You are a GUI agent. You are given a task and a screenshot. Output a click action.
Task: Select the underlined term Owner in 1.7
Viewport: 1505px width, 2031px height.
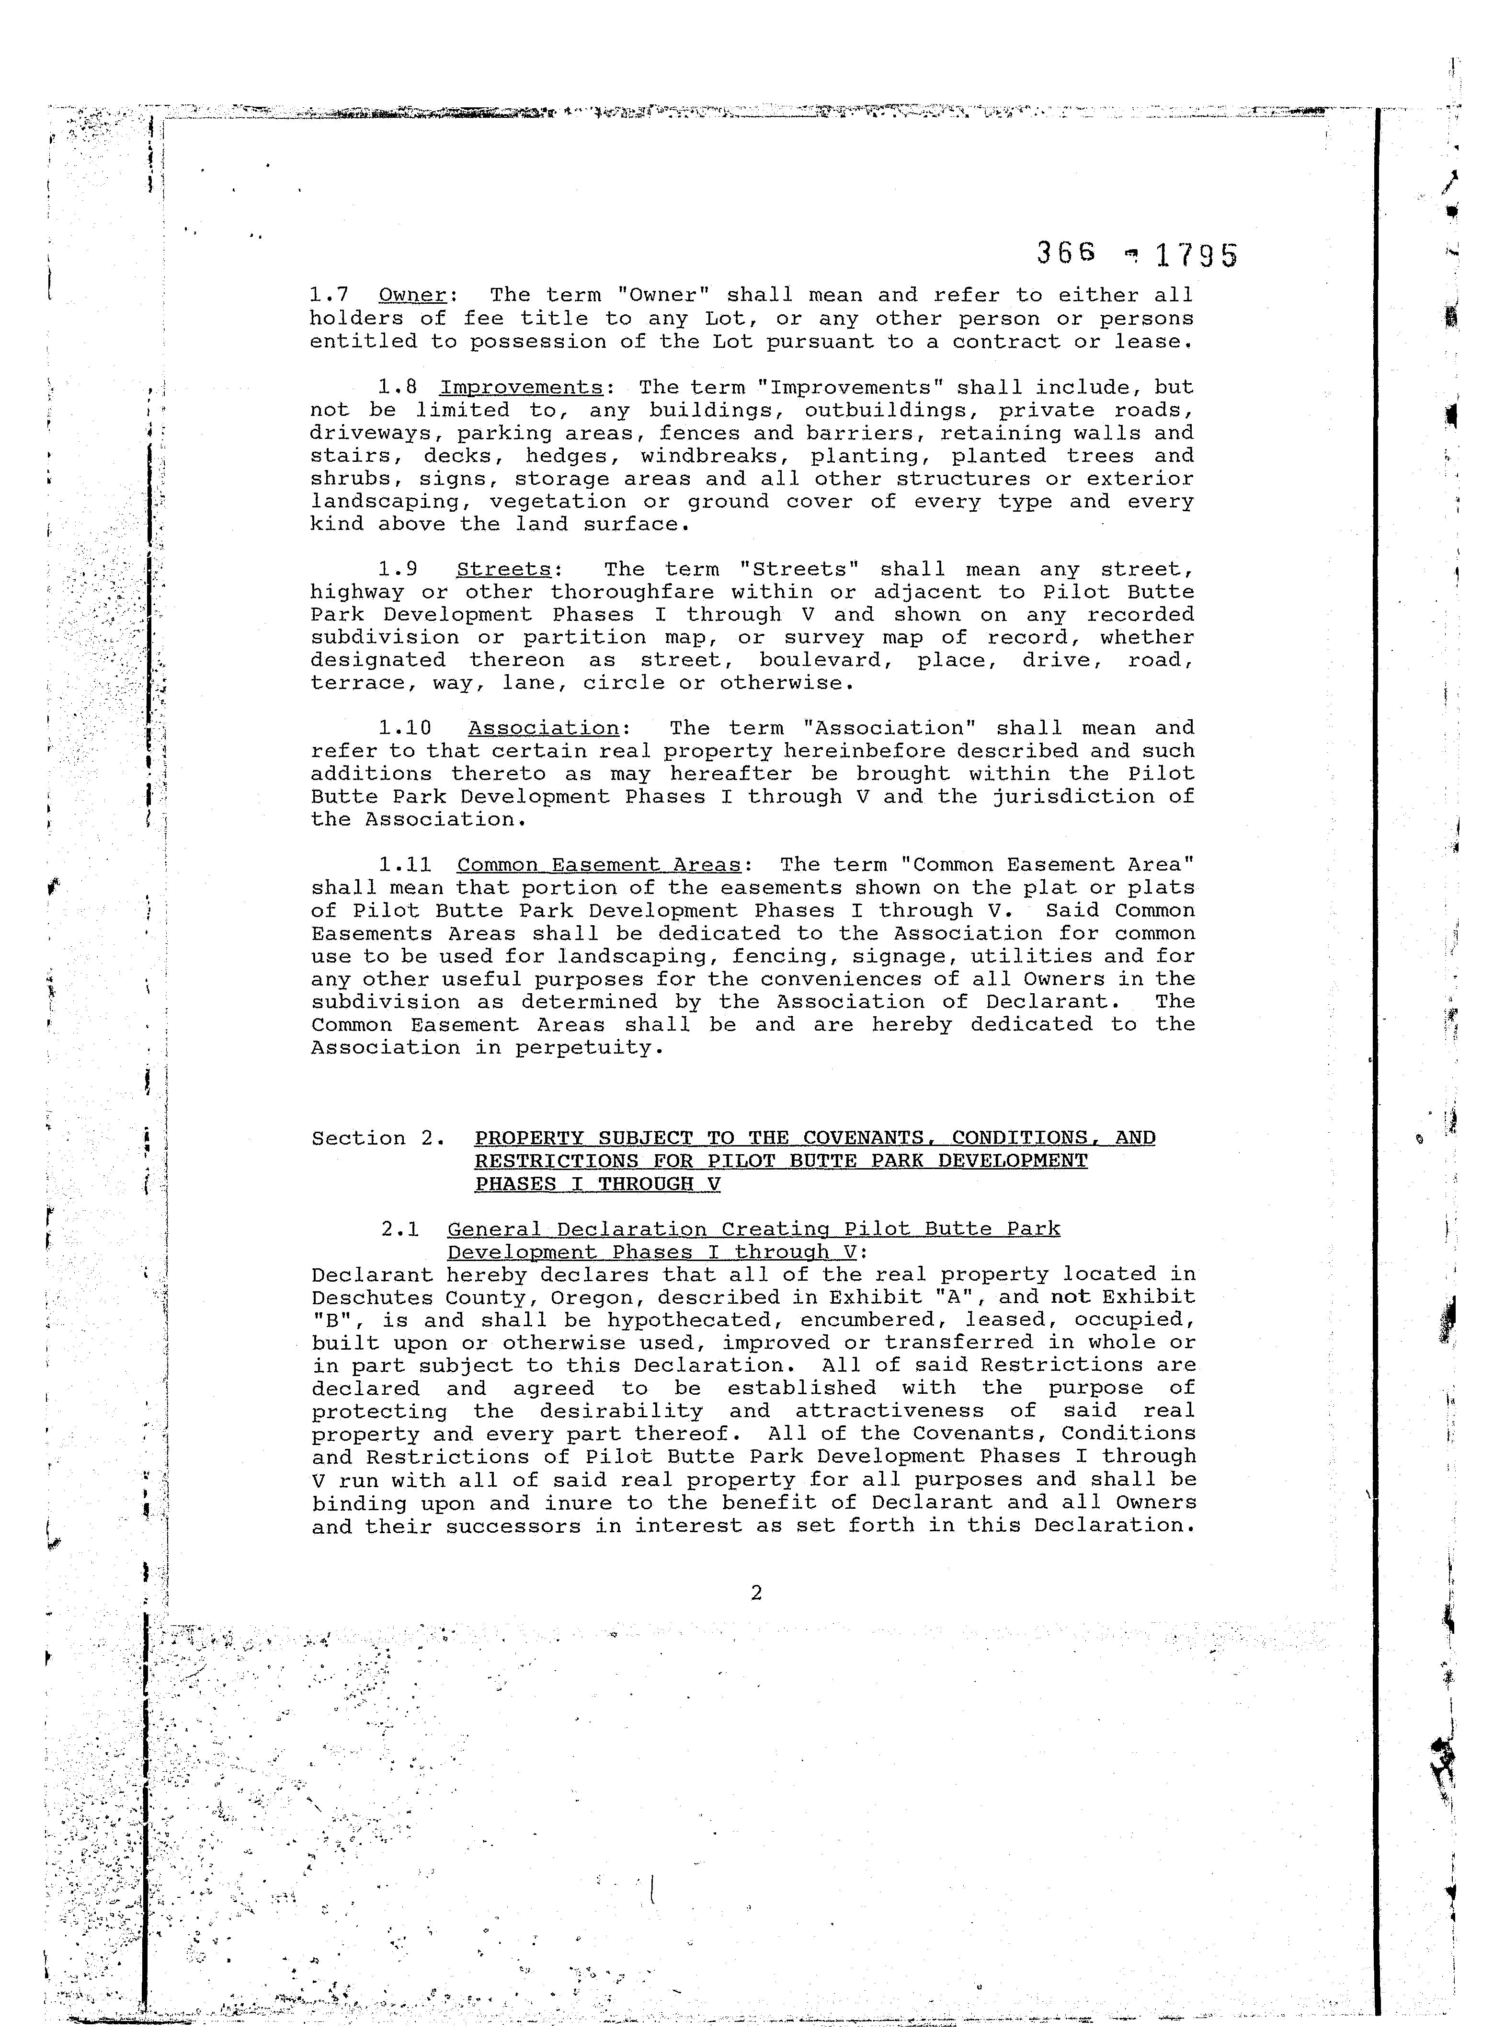point(412,295)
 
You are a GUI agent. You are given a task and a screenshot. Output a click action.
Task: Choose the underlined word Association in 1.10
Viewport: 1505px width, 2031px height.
point(543,728)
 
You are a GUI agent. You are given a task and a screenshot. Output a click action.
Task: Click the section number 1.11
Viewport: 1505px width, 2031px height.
point(404,865)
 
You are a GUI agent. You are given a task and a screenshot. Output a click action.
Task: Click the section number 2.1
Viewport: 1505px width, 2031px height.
point(400,1229)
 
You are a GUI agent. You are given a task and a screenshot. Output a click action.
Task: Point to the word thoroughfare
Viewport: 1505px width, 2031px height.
point(631,592)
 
